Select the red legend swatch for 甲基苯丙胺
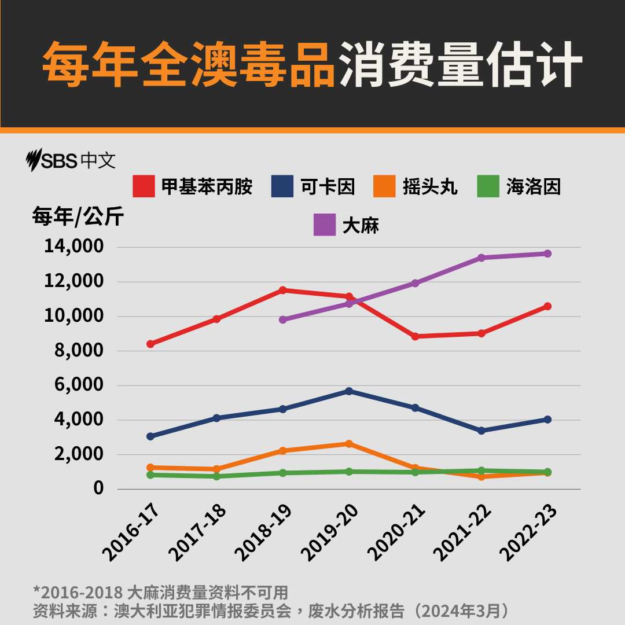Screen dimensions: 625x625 144,186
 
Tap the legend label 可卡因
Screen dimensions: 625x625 328,186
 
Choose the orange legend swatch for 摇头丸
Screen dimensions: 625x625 383,186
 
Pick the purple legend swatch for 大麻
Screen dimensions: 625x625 325,225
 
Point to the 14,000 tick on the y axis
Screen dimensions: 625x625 74,247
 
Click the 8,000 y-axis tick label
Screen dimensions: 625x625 80,351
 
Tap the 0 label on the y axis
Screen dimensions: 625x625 98,488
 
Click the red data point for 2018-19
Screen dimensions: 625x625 283,290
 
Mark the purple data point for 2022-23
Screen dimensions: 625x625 547,253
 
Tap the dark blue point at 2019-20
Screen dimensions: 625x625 349,391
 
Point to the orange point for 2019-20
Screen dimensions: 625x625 349,444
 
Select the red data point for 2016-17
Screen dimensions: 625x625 150,344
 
